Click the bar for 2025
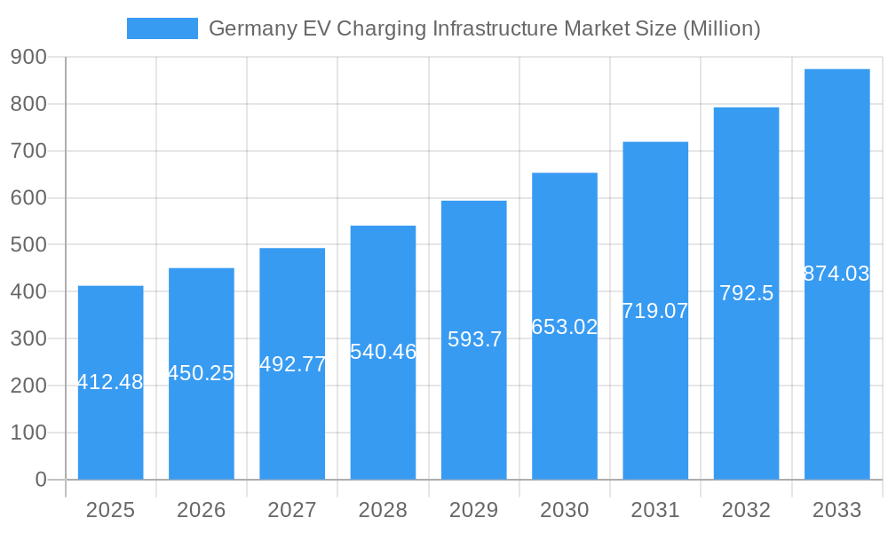(110, 426)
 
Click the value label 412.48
(110, 383)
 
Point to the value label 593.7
(474, 339)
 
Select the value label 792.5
(746, 293)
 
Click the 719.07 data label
(655, 311)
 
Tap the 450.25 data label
(201, 373)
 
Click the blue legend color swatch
(162, 28)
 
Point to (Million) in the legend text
(720, 29)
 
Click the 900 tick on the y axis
(28, 57)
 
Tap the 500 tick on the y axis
(28, 245)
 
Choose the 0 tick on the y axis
(41, 480)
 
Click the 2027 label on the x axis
(292, 510)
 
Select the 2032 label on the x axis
(746, 510)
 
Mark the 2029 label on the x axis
(473, 510)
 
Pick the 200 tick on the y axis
(28, 386)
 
